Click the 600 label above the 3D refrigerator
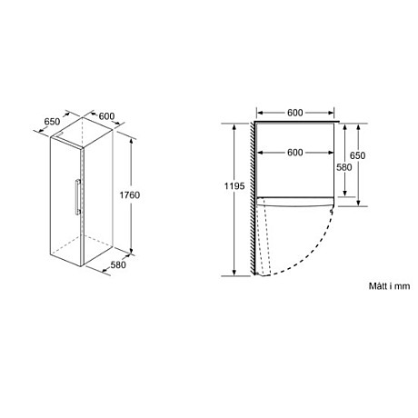coord(106,115)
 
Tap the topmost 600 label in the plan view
coord(294,114)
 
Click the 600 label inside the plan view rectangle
coord(294,153)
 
